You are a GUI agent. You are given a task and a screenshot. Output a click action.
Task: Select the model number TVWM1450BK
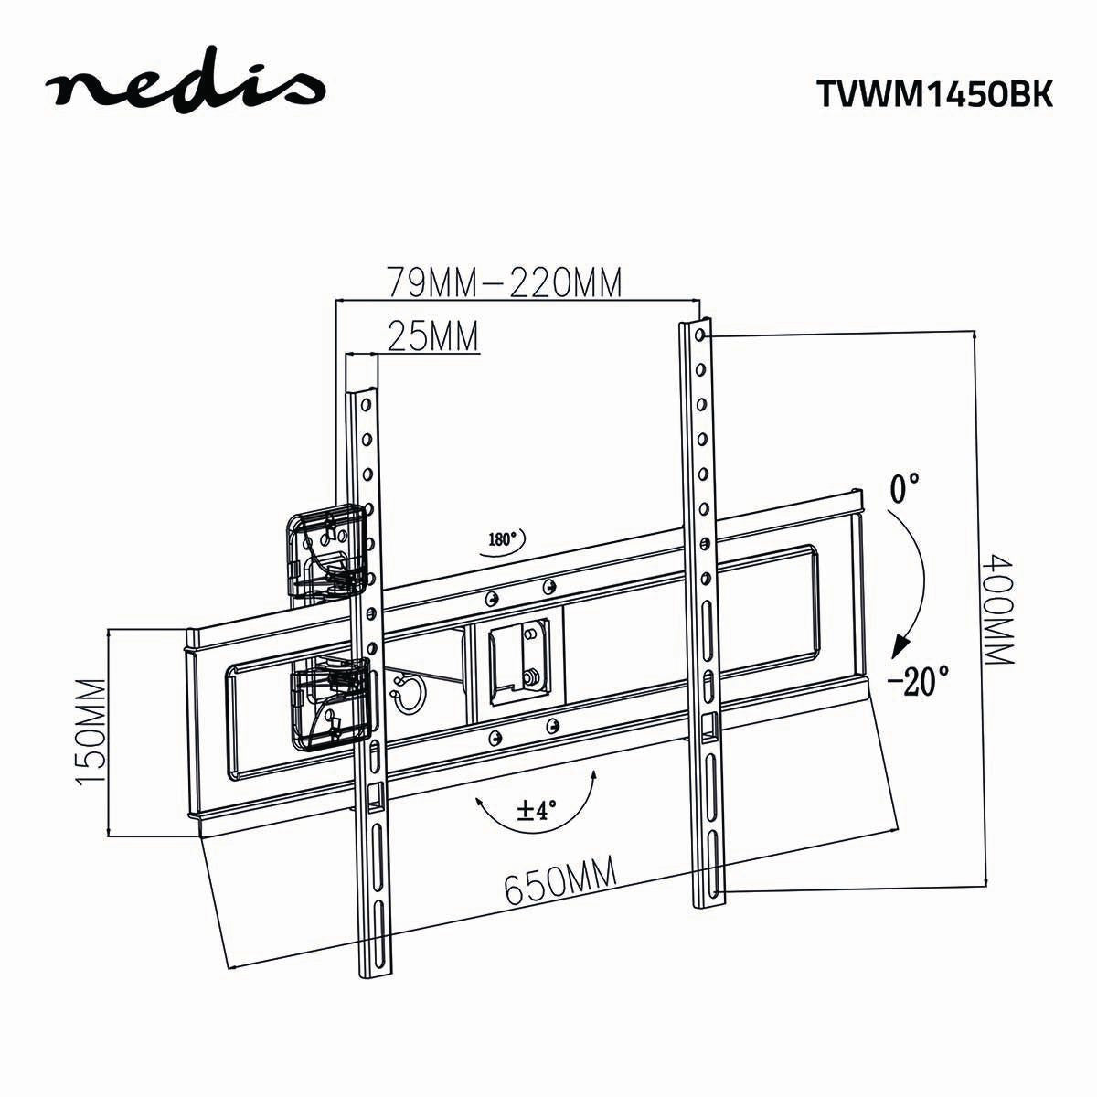(932, 94)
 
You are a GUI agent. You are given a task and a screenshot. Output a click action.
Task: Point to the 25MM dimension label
(433, 335)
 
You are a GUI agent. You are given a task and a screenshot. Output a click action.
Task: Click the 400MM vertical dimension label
(1000, 602)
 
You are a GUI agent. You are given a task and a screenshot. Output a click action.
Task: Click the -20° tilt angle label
(918, 682)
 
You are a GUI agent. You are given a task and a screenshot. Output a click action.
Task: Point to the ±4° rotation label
(537, 810)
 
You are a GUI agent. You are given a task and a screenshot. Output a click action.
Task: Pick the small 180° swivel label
(502, 539)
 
